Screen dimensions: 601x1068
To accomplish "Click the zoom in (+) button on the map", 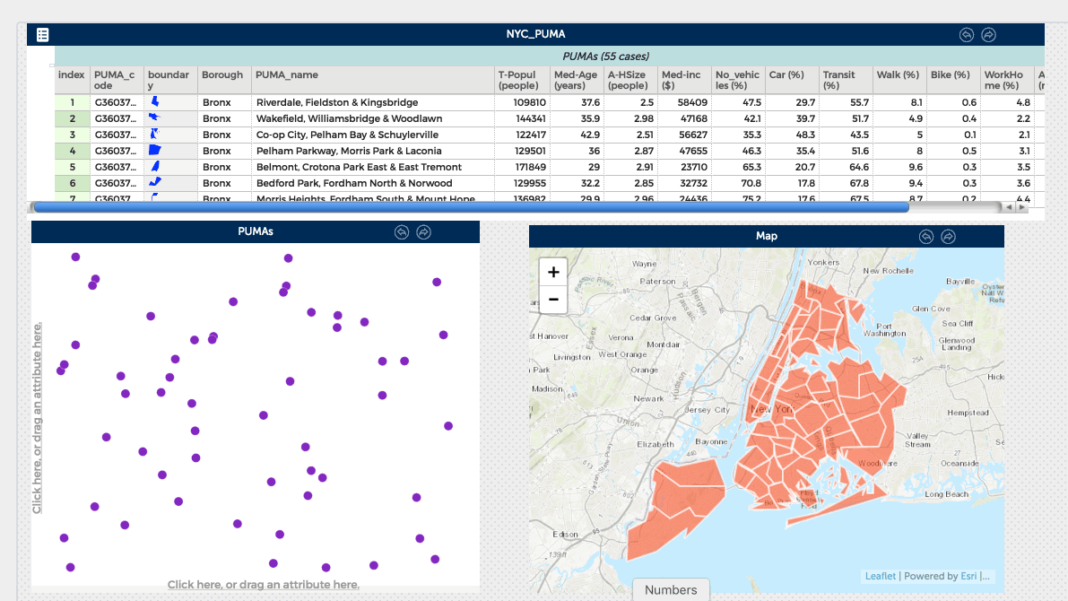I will click(553, 273).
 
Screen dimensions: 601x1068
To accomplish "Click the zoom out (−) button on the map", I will click(553, 300).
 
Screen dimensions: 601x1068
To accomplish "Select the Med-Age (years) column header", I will click(576, 80).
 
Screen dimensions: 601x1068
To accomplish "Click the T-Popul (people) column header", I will click(522, 80).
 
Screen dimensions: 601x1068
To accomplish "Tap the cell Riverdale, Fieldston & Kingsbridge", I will click(337, 103).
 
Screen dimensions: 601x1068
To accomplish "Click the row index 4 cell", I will click(73, 151).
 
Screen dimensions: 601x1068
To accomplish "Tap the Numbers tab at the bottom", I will click(671, 589).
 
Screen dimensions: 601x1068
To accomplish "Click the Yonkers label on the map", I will click(823, 262).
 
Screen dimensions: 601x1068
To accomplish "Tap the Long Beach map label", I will click(946, 494).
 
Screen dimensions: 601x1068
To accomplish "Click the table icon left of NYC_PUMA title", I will click(42, 35).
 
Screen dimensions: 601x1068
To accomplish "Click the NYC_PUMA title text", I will click(535, 34).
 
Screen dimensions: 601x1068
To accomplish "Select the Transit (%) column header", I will click(839, 80).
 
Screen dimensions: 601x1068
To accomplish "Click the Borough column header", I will click(222, 75).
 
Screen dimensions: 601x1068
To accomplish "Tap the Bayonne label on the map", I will click(711, 441).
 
